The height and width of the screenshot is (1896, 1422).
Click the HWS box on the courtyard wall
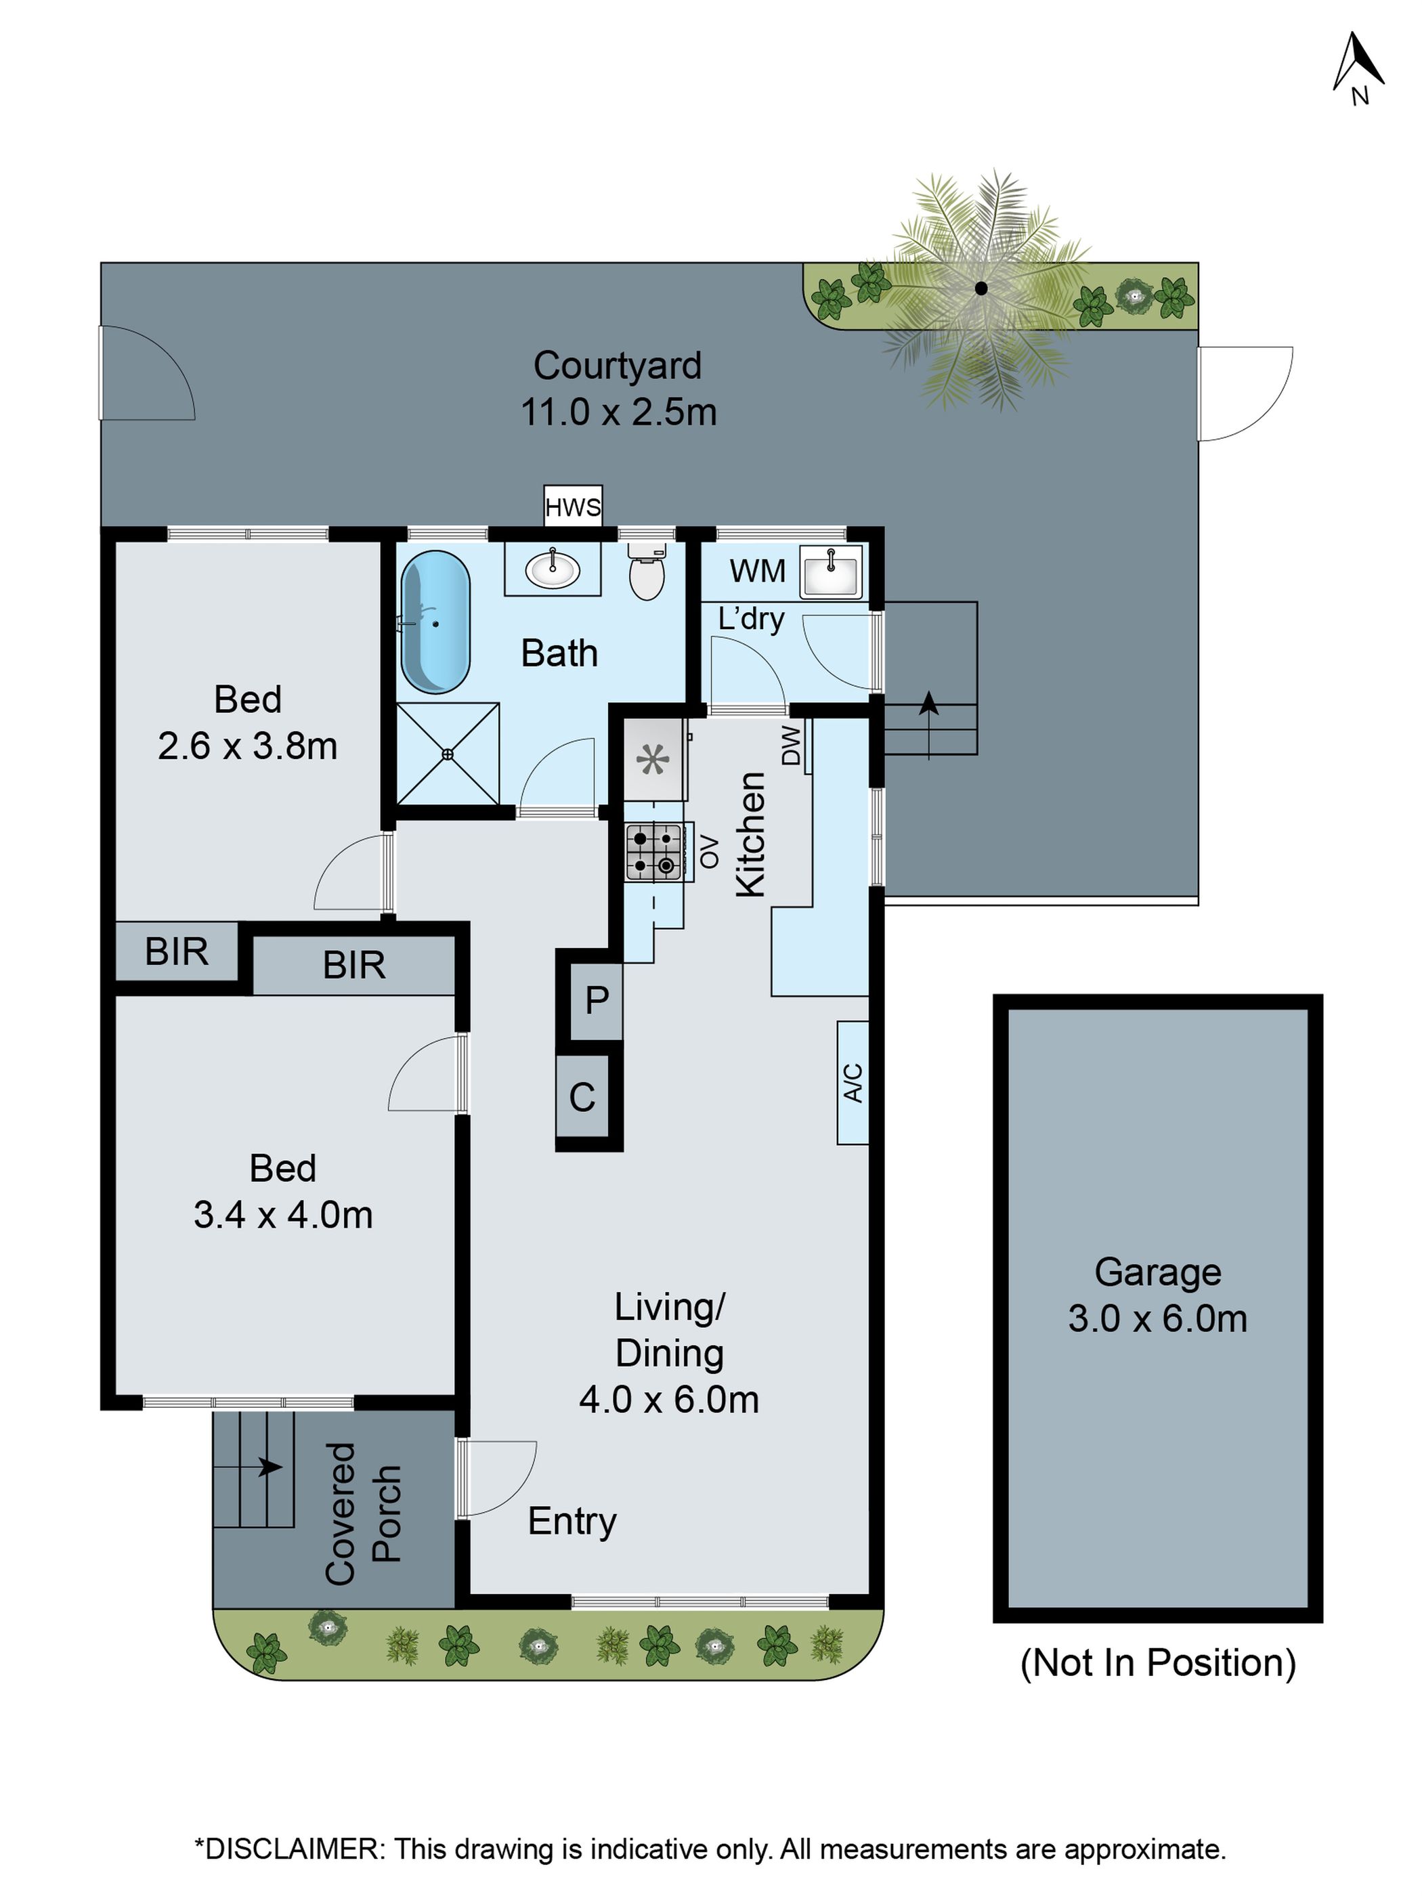[573, 507]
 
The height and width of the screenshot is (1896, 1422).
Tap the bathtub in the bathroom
[435, 622]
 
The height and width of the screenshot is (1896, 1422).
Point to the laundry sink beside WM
[829, 572]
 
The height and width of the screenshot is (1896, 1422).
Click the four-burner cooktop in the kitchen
[654, 851]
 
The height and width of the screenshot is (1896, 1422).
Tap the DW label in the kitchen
[791, 744]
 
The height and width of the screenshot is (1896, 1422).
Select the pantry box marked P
[597, 999]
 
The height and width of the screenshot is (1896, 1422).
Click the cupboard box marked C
[582, 1097]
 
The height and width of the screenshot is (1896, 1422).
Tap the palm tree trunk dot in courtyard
[981, 289]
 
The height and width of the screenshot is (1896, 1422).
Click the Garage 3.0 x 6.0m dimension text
[1157, 1318]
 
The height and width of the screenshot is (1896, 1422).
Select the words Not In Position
[1157, 1662]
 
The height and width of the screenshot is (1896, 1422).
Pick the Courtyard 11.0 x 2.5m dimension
[618, 412]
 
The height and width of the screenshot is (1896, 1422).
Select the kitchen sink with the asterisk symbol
[653, 758]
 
